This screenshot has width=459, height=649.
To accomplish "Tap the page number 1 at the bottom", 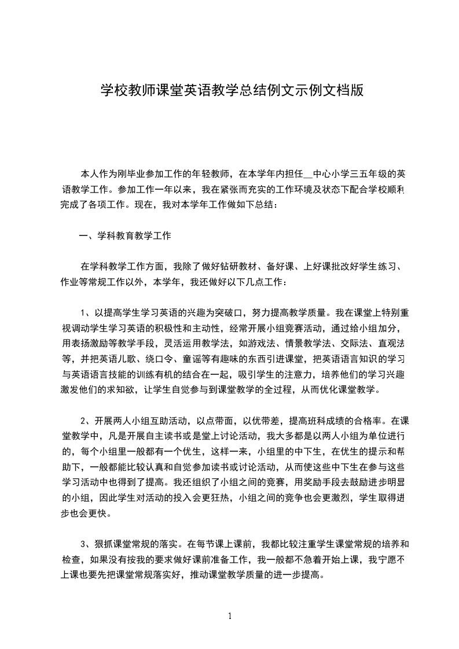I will (x=230, y=616).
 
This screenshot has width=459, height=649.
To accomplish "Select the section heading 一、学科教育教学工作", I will (x=125, y=235).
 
